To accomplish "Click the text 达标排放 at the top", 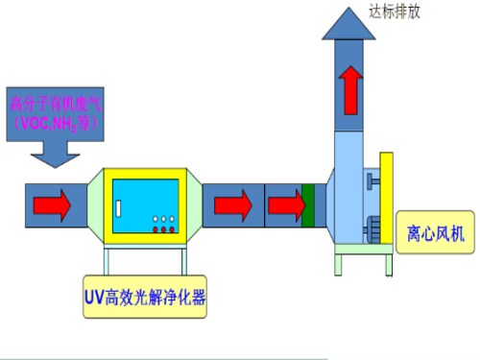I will click(395, 12).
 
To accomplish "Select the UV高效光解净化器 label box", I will click(143, 297).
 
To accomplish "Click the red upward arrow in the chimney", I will click(351, 89).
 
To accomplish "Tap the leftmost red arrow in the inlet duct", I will click(53, 204).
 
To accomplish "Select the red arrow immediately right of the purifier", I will click(229, 204).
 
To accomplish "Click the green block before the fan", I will click(309, 204).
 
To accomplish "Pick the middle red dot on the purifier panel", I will click(162, 228).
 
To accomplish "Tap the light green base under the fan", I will click(363, 256).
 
